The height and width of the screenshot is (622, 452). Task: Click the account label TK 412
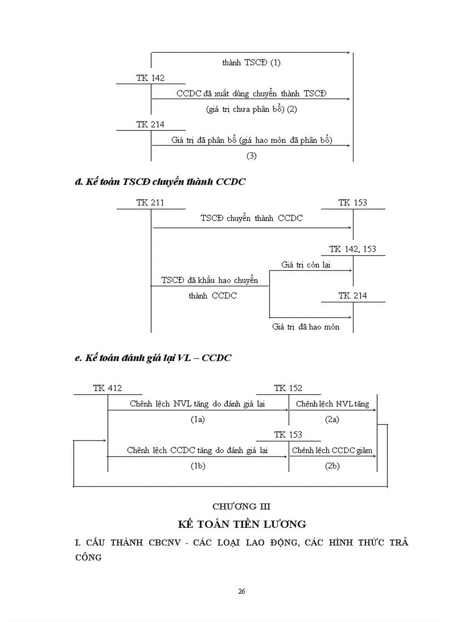[x=107, y=388]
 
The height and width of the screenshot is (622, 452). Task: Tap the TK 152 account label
[x=288, y=388]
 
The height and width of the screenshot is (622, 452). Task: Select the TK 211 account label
[x=150, y=203]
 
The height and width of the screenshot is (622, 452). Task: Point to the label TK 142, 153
[x=352, y=249]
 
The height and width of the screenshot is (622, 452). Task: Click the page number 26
[x=242, y=592]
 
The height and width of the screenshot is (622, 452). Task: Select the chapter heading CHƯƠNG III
[x=242, y=506]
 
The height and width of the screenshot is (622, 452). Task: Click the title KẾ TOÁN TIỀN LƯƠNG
[x=242, y=523]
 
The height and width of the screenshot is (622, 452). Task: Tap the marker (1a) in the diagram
[x=198, y=419]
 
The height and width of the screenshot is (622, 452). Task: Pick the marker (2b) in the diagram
[x=332, y=466]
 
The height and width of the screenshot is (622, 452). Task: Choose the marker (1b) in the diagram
[x=198, y=466]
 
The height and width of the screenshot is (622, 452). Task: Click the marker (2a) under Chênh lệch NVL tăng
[x=332, y=419]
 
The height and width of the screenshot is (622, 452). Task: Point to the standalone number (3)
[x=251, y=156]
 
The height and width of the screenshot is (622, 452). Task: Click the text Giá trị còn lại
[x=306, y=265]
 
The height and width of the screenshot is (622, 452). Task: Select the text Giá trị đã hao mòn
[x=306, y=327]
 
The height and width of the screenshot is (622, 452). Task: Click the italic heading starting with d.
[x=160, y=181]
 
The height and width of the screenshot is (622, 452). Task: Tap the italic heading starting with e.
[x=153, y=358]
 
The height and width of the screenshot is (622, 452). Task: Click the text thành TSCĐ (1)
[x=251, y=63]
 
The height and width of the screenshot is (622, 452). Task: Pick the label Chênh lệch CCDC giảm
[x=332, y=450]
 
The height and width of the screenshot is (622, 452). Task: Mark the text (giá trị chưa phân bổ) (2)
[x=251, y=109]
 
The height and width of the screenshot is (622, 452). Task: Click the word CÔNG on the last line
[x=88, y=557]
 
